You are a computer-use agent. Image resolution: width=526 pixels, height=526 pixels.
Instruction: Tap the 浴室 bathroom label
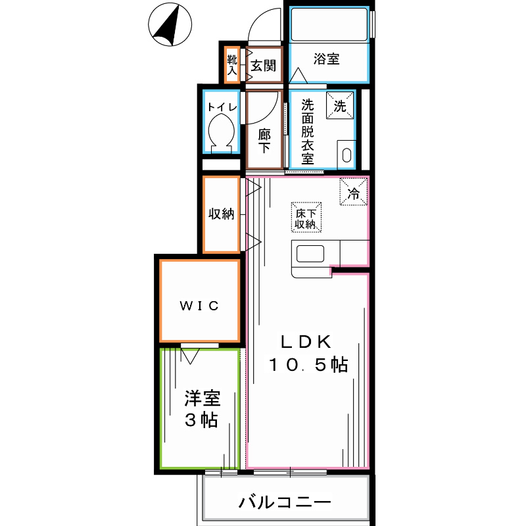326,59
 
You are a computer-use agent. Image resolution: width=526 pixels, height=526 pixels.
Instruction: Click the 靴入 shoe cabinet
231,64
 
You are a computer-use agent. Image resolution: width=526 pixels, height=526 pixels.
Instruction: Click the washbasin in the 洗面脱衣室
347,155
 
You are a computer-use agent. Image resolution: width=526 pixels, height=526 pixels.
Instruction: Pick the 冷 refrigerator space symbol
353,193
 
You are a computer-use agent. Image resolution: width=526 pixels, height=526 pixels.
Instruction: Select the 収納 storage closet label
222,214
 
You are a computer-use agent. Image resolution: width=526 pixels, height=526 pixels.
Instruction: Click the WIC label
199,305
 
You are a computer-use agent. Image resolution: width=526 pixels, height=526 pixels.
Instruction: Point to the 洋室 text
201,398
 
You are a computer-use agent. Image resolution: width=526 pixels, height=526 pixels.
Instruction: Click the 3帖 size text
201,421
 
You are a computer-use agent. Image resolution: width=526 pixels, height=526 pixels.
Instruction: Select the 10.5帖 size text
307,366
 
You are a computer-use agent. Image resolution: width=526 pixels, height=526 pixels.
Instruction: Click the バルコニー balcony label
284,503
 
